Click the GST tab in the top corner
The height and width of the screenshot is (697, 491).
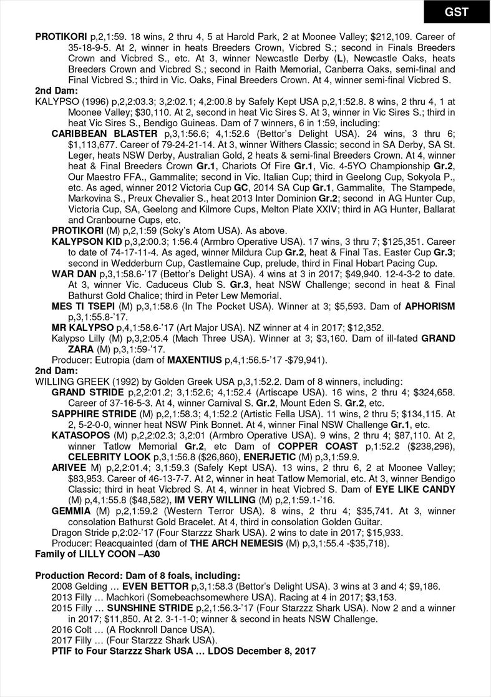[457, 12]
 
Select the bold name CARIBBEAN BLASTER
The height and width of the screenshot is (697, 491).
[104, 134]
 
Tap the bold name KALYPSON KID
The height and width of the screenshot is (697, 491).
[87, 241]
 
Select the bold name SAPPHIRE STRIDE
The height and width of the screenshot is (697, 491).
[94, 413]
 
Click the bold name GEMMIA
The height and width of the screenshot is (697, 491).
[71, 511]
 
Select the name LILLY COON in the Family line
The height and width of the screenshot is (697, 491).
[104, 554]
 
